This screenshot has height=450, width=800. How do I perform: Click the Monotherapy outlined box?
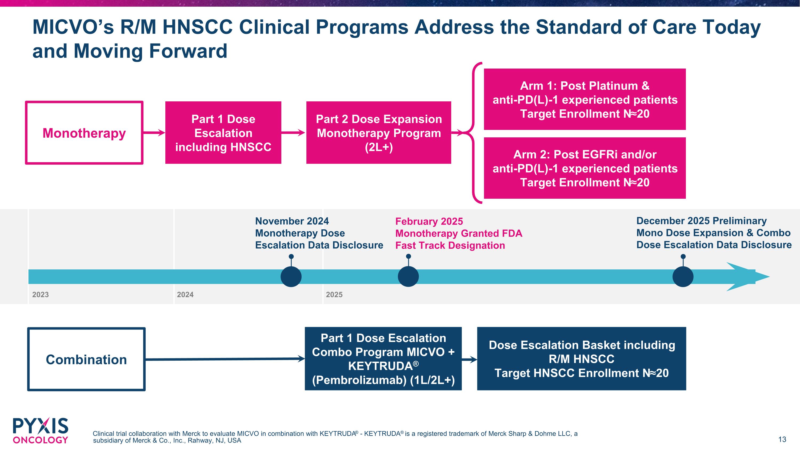point(84,133)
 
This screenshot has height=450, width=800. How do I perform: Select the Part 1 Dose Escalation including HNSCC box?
point(223,133)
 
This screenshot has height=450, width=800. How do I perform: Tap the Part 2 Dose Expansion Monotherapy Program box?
point(379,133)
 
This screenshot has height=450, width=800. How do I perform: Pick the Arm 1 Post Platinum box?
point(585,99)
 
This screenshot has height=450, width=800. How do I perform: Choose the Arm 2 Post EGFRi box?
point(585,168)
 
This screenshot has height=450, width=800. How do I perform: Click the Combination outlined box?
point(86,359)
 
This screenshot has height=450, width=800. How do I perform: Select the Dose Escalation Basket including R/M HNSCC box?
point(582,359)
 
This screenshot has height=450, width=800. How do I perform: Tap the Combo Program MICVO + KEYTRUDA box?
point(383,359)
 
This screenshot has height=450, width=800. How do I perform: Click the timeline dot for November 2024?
point(291,276)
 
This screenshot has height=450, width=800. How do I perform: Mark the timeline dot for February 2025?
point(408,276)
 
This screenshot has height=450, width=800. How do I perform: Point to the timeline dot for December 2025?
point(683,276)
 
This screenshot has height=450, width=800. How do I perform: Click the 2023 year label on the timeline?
point(40,295)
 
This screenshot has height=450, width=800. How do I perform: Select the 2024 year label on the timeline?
point(185,295)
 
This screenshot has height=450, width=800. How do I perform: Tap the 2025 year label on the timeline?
point(334,295)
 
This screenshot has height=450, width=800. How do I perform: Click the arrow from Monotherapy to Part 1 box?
point(154,133)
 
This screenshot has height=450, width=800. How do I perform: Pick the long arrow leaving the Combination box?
point(225,359)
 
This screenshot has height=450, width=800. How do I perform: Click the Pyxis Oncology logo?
point(40,431)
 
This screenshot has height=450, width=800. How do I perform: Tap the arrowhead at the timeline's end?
point(748,277)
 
